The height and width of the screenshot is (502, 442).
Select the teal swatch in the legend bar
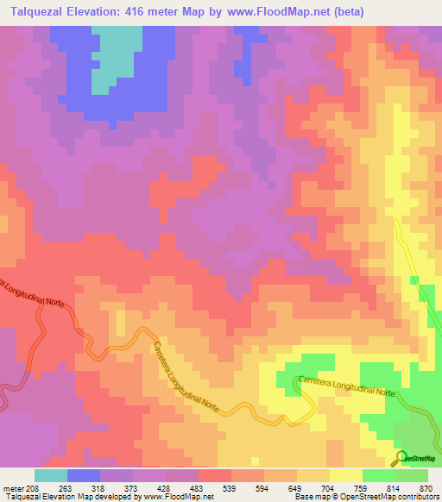[x=51, y=475]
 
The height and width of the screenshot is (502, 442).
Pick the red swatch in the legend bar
[x=214, y=475]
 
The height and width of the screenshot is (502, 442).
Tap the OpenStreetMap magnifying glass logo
[x=401, y=457]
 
